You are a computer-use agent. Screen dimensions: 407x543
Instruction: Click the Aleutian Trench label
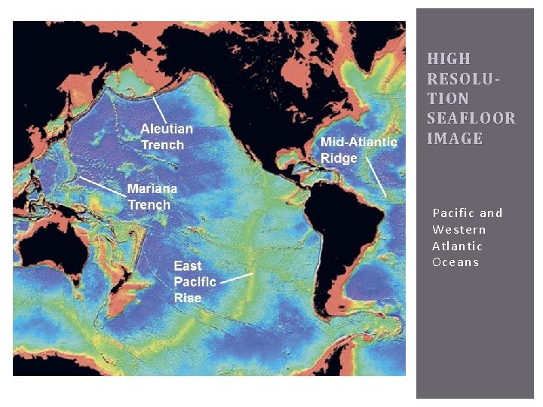[167, 136]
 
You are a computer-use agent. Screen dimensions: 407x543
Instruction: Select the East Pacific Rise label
[195, 281]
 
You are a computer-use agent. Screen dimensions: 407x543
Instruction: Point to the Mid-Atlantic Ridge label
[358, 149]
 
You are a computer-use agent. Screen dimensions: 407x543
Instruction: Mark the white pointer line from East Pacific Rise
[237, 278]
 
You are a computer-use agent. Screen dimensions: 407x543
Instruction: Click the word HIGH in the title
[449, 59]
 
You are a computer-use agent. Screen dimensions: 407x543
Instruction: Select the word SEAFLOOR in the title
[471, 118]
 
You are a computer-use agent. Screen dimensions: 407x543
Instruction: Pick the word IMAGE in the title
[455, 139]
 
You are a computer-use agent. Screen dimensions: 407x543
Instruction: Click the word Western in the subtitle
[459, 230]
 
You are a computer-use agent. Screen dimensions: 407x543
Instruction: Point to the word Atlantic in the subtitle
[457, 246]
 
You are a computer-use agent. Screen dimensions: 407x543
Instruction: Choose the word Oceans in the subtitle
[456, 262]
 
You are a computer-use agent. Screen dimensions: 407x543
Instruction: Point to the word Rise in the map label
[188, 298]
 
